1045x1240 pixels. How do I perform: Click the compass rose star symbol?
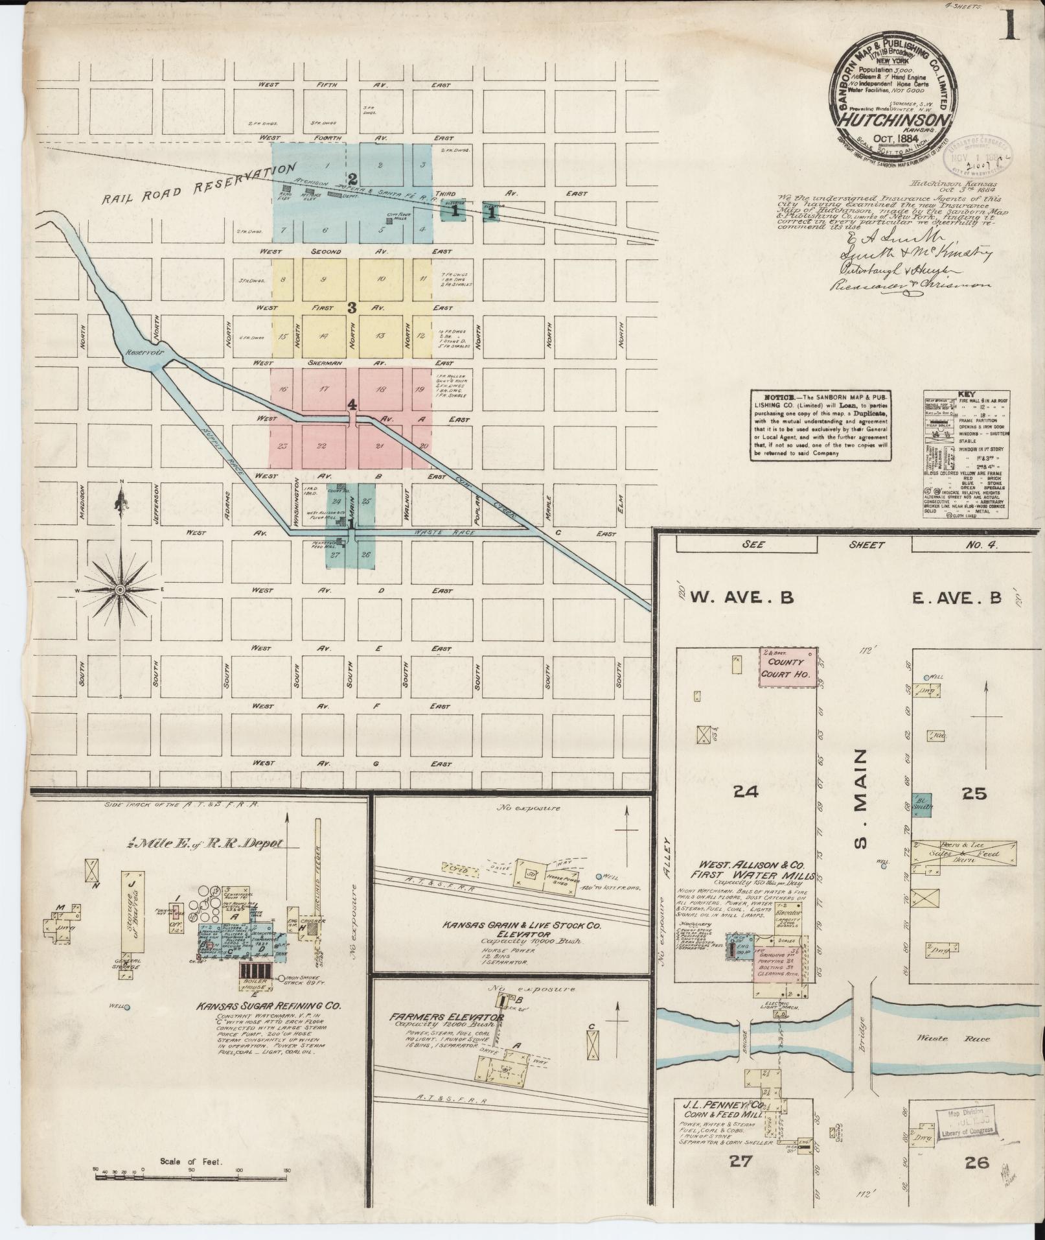point(121,589)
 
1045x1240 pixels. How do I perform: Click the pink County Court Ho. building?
point(787,667)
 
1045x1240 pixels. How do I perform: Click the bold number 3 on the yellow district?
point(352,307)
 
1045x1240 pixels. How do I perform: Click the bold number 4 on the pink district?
point(352,405)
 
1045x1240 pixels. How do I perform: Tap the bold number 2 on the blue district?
point(353,178)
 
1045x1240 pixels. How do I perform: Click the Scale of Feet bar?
point(191,1172)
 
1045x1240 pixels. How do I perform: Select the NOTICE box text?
point(820,425)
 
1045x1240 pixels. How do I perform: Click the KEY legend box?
point(966,453)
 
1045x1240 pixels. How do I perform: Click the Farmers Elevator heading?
point(446,1018)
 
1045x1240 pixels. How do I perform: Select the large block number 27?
point(741,1162)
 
